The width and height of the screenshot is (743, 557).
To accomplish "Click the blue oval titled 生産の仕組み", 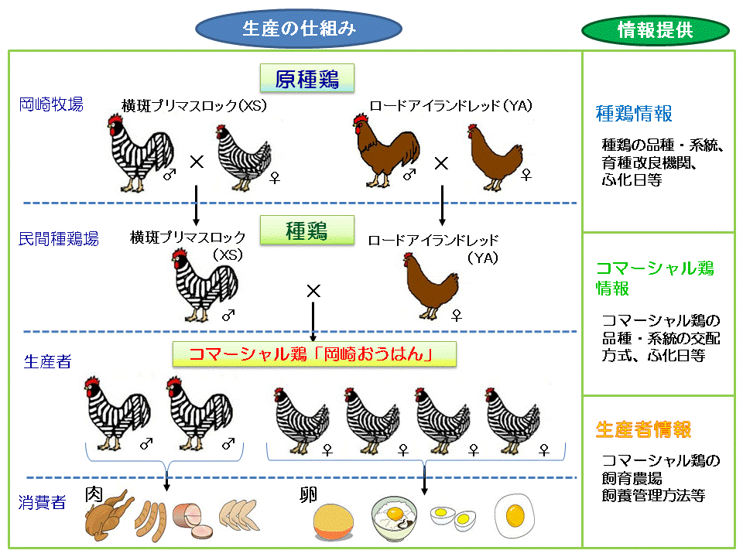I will pos(300,29).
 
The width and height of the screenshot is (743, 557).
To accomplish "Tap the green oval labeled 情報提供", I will pos(655,30).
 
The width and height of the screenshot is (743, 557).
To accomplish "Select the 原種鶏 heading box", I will pos(307,78).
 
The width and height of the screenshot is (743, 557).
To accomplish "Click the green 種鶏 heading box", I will pos(307,230).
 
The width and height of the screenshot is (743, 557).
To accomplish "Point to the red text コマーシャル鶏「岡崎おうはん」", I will pos(313,354).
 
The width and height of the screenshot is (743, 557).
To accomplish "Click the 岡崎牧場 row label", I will pos(51,104).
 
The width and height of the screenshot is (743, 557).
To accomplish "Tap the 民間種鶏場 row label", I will pos(59,239).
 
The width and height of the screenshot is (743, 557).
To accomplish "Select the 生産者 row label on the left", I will pos(48,362).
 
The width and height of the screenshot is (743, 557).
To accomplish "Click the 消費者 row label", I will pos(43,503).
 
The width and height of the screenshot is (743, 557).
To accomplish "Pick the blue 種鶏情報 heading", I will pos(634,114).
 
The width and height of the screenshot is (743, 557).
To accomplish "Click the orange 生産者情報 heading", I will pos(644,429).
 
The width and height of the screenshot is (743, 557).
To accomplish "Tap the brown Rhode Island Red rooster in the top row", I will pos(385,150).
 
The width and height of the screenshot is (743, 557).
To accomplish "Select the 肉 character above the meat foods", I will pos(94,494).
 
